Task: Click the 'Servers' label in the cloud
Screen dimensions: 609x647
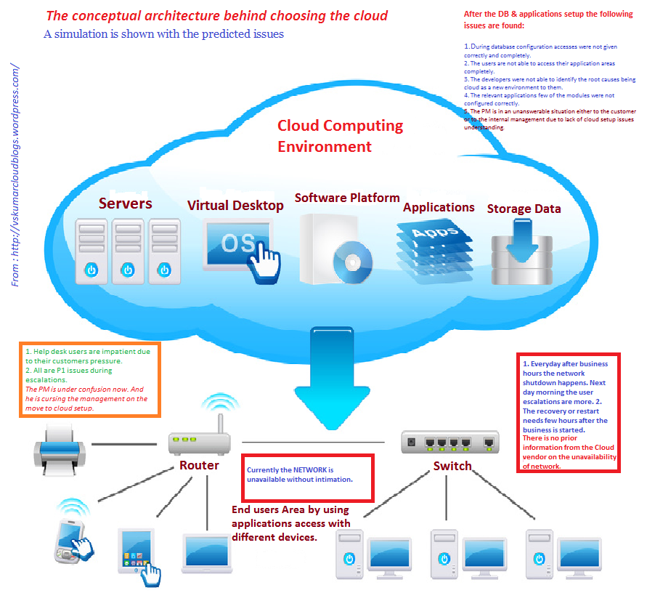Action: pos(126,203)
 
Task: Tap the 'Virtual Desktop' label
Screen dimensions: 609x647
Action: pos(235,206)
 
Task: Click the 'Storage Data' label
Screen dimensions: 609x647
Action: pos(524,209)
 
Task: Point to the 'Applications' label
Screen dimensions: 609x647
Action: pos(439,207)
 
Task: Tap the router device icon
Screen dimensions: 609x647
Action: pos(198,438)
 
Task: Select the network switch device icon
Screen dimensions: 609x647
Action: pos(450,440)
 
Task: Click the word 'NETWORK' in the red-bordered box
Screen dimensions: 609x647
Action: pos(313,470)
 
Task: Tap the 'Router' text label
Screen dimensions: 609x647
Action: pos(199,465)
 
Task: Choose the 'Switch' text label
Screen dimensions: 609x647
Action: pos(452,466)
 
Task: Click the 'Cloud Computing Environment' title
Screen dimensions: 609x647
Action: pos(340,136)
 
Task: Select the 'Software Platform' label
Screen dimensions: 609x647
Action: pos(347,198)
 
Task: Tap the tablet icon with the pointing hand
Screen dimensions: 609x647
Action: pos(138,552)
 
